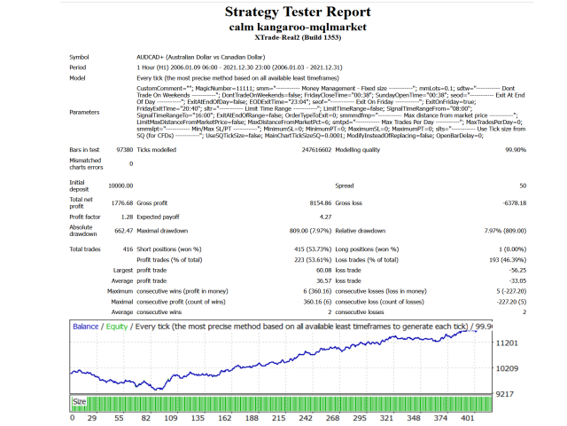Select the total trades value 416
127,249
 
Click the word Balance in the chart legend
85,326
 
